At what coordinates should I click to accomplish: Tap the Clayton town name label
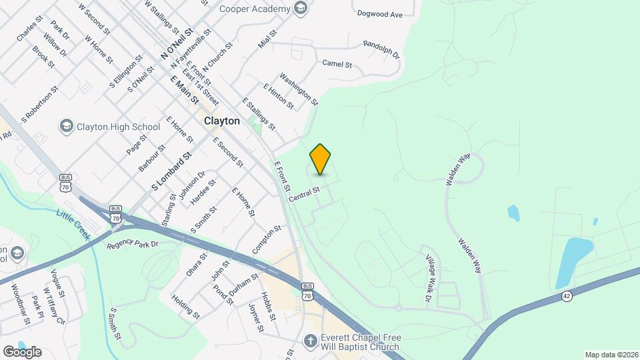point(221,121)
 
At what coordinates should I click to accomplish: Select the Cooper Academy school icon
point(300,9)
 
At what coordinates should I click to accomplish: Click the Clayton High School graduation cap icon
point(66,126)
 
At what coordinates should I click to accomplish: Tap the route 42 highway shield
point(567,296)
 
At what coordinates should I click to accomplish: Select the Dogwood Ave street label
point(380,13)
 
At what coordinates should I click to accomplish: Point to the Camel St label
point(337,64)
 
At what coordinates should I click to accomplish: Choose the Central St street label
point(305,195)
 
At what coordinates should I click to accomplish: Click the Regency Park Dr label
point(132,245)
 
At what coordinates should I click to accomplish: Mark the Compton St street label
point(267,239)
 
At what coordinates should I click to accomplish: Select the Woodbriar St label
point(21,305)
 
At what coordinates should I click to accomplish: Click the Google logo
point(22,351)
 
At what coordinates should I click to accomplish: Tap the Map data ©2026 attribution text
point(611,355)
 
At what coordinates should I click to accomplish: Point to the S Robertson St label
point(40,103)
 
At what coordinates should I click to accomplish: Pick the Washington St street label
point(299,89)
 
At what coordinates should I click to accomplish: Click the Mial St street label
point(267,39)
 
